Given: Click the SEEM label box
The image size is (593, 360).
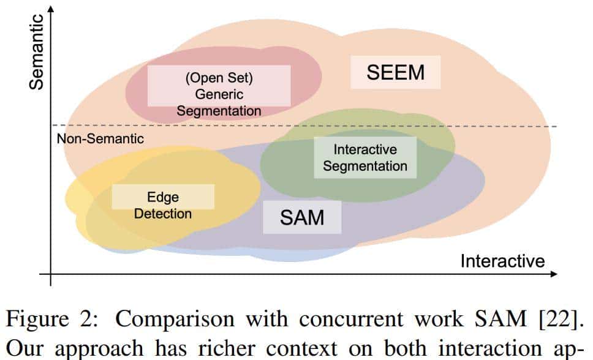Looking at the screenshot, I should pos(395,72).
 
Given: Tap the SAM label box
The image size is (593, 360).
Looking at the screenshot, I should pos(302,217).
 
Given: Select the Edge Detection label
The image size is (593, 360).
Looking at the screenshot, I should pos(162,205).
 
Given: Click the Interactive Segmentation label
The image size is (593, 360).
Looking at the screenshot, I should pos(365,157).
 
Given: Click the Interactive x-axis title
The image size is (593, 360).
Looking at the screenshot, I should pos(502,261).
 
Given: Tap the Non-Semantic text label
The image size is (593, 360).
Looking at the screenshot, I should pos(100,139).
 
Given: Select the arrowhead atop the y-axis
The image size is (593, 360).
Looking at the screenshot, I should pos(50,9).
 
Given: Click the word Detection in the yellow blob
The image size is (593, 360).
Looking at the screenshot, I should pos(163,214).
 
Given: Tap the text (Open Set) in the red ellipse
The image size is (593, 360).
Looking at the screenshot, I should pos(219,79).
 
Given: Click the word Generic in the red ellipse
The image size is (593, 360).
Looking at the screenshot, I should pos(219,95).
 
